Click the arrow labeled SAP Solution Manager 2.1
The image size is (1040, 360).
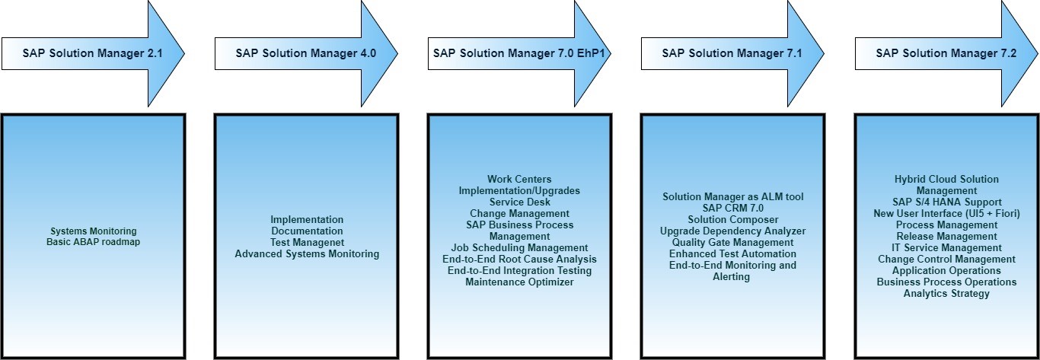pos(93,53)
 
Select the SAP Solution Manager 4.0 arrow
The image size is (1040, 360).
pos(306,53)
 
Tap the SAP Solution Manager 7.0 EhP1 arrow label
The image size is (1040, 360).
pos(519,53)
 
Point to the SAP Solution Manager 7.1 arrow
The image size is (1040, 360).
pos(732,53)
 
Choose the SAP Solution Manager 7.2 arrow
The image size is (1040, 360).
pos(946,53)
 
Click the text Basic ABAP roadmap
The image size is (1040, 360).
pos(93,242)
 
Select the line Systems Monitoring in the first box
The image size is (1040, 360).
pos(93,231)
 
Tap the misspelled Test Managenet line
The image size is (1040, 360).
pos(307,242)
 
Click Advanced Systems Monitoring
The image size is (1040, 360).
pos(307,253)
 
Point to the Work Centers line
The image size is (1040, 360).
pos(519,179)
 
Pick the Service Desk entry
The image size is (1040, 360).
pos(519,202)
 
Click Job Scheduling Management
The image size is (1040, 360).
pos(519,247)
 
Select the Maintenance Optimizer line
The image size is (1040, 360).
pos(519,282)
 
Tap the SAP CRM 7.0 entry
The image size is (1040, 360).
pos(732,208)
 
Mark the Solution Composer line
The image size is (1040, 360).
pos(732,219)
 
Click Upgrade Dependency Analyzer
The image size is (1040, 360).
pos(732,231)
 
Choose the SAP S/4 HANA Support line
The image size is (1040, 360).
pos(946,202)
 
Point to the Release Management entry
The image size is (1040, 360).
pos(946,236)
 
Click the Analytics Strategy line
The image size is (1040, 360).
pos(946,293)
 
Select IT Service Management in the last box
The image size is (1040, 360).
pos(946,247)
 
